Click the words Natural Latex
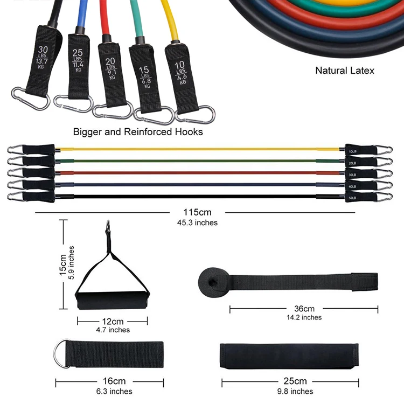click(x=344, y=71)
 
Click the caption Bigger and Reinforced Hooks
click(x=138, y=131)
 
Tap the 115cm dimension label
click(x=197, y=213)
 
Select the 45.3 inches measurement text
click(x=197, y=222)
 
